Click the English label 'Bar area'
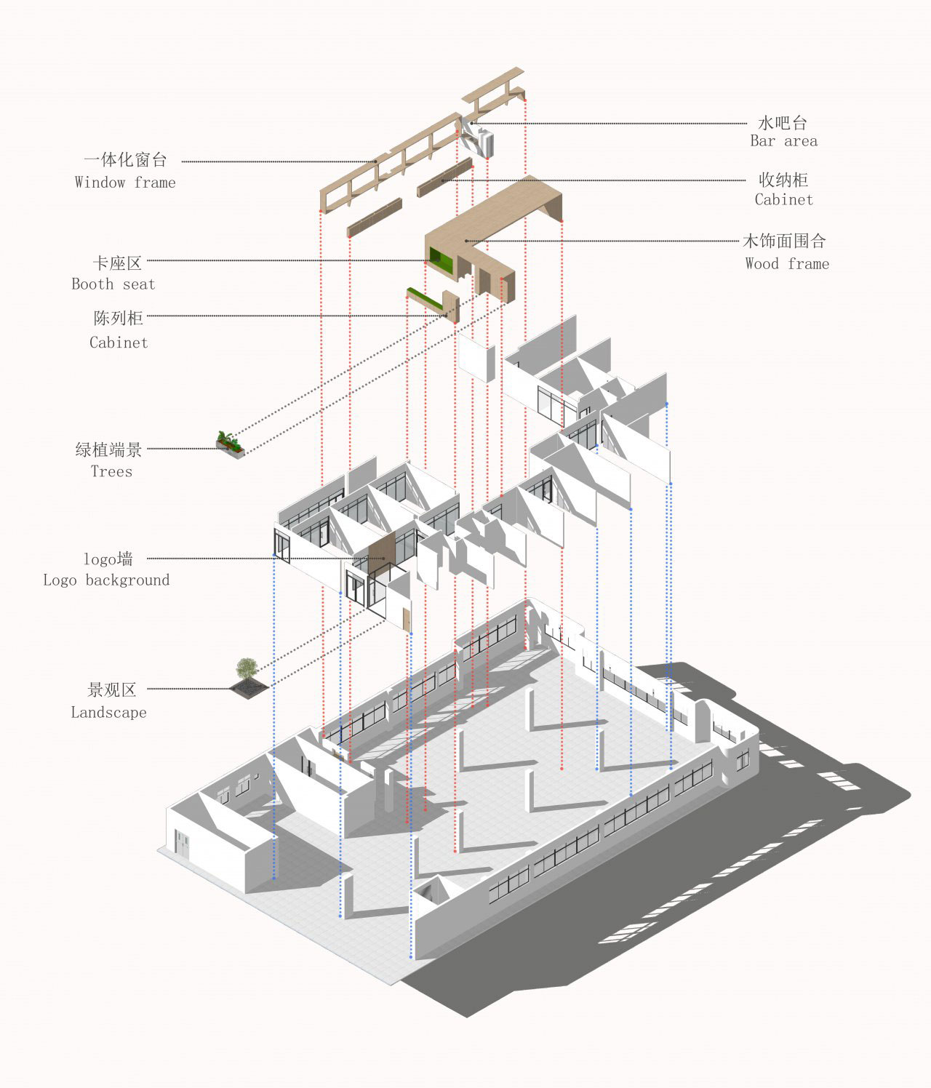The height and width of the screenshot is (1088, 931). click(x=783, y=141)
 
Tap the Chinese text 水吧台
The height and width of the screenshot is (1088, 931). click(x=783, y=122)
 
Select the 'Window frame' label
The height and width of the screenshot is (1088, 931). click(x=125, y=183)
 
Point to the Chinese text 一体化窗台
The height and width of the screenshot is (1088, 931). click(x=125, y=160)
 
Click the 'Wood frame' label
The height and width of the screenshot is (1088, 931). click(x=787, y=264)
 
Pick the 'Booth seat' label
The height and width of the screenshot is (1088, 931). click(x=113, y=284)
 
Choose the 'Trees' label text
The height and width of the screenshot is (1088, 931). click(x=111, y=471)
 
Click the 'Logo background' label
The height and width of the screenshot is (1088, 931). click(x=106, y=580)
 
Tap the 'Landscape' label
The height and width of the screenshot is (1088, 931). click(x=108, y=713)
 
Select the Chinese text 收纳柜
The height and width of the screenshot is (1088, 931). click(x=783, y=180)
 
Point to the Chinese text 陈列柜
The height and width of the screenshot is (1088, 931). click(x=119, y=318)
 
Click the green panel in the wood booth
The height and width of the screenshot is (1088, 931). click(x=440, y=259)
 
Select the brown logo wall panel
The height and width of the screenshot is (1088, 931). click(x=381, y=556)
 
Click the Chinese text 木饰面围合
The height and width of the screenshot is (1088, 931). click(x=784, y=241)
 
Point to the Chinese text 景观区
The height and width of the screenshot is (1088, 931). click(x=112, y=690)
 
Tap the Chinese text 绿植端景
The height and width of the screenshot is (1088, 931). click(x=109, y=449)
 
